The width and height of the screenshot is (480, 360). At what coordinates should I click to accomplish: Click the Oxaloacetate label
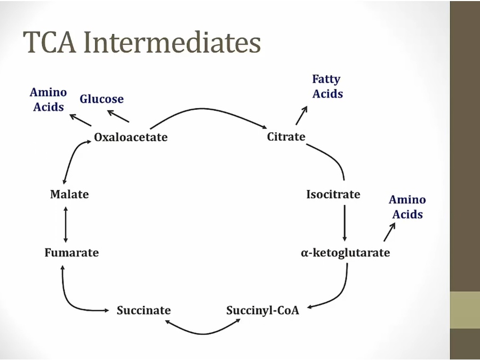pyautogui.click(x=131, y=137)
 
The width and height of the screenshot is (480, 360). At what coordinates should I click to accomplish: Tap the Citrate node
pyautogui.click(x=286, y=137)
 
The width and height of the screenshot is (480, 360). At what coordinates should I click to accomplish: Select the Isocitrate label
pyautogui.click(x=333, y=194)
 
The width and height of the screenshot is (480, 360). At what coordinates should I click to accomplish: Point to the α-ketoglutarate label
pyautogui.click(x=345, y=252)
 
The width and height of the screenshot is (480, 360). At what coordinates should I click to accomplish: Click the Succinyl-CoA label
pyautogui.click(x=262, y=310)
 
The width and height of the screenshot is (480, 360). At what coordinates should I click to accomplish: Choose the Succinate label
pyautogui.click(x=143, y=310)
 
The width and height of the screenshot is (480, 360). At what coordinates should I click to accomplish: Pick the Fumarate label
pyautogui.click(x=71, y=252)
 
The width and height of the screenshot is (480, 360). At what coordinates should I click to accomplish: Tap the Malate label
pyautogui.click(x=69, y=194)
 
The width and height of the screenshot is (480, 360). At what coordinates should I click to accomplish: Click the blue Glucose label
pyautogui.click(x=101, y=99)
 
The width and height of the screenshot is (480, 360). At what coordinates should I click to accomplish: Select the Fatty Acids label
pyautogui.click(x=327, y=86)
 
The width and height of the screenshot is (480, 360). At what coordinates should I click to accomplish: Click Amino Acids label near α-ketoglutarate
pyautogui.click(x=407, y=207)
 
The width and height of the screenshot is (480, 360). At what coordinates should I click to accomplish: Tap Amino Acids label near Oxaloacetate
pyautogui.click(x=48, y=99)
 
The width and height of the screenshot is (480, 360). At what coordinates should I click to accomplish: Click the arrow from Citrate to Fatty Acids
pyautogui.click(x=302, y=115)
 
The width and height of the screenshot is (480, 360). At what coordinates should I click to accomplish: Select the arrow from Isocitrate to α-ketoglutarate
pyautogui.click(x=345, y=222)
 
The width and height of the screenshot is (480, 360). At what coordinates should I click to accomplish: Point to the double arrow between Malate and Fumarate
pyautogui.click(x=66, y=223)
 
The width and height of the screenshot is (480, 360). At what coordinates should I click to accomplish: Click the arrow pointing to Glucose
pyautogui.click(x=118, y=116)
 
